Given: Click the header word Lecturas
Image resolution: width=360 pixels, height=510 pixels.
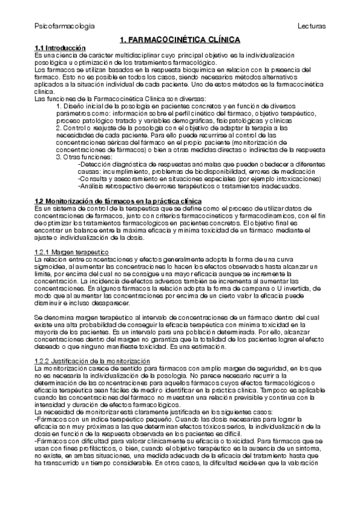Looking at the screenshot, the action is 311,27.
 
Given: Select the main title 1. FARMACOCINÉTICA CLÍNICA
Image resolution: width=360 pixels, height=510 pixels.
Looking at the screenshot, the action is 180,40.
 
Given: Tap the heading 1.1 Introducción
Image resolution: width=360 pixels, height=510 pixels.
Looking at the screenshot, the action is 59,48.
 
